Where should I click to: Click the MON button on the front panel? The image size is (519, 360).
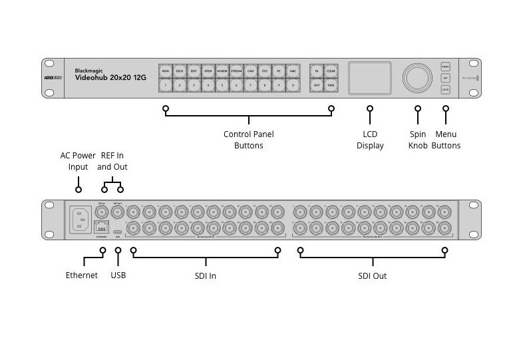click(x=166, y=71)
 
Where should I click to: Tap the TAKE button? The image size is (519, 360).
click(x=331, y=86)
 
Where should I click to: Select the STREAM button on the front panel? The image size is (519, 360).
click(x=236, y=71)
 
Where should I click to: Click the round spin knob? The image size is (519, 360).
click(x=417, y=78)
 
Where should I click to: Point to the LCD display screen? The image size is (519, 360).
click(x=370, y=78)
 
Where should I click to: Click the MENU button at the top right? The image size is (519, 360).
click(x=445, y=67)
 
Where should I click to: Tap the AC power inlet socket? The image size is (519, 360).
click(x=81, y=219)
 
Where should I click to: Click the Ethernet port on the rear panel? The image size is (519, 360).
click(x=102, y=227)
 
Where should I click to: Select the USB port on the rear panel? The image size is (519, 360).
click(x=118, y=228)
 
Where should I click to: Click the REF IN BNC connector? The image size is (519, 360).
click(x=102, y=212)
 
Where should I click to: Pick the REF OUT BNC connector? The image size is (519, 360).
click(x=118, y=212)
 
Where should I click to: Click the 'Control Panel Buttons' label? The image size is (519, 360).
click(x=248, y=140)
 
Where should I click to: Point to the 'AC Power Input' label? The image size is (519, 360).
click(x=78, y=161)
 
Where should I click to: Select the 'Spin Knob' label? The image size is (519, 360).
click(x=417, y=140)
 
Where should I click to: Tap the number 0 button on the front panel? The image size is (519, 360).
click(x=293, y=86)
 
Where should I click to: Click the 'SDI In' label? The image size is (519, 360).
click(x=205, y=275)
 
